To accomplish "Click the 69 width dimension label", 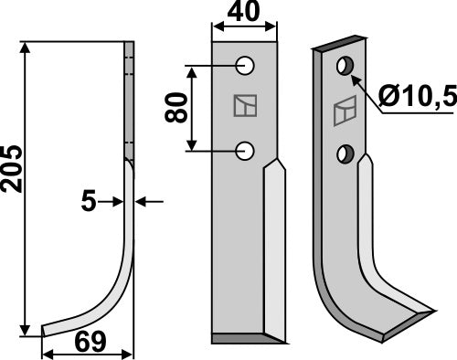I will [88, 344].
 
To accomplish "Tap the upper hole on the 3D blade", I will [345, 66].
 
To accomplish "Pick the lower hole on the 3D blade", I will [345, 153].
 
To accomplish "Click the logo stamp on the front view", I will [243, 108].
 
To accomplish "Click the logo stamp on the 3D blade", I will [345, 112].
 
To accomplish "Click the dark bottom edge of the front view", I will [244, 339].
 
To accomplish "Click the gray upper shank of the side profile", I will [129, 101].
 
